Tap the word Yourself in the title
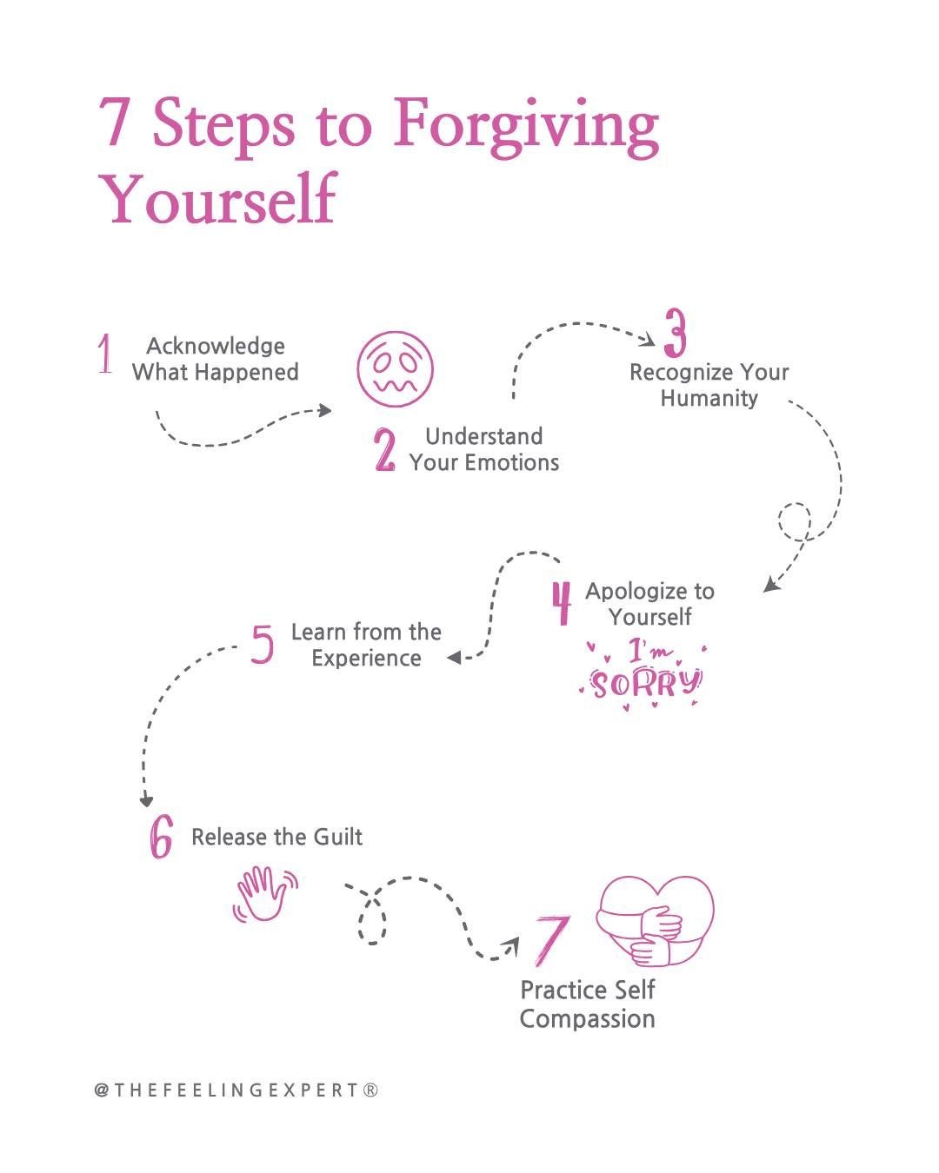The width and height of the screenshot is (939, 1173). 217,199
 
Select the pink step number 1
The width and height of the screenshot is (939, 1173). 105,354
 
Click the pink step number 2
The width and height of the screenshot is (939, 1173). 384,450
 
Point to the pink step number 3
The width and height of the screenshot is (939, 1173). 676,333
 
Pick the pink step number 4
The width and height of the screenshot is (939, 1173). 563,602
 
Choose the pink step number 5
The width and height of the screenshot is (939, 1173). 262,644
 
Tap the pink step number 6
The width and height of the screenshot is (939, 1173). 161,837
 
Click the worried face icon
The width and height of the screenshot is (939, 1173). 395,368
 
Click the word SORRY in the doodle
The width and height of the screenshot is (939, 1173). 645,684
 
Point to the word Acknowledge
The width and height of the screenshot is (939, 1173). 216,346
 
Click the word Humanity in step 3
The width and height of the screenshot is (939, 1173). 709,398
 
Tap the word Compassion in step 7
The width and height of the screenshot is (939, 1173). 587,1018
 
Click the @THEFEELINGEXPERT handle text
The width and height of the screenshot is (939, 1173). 236,1090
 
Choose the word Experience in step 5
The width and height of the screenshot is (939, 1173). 366,658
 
